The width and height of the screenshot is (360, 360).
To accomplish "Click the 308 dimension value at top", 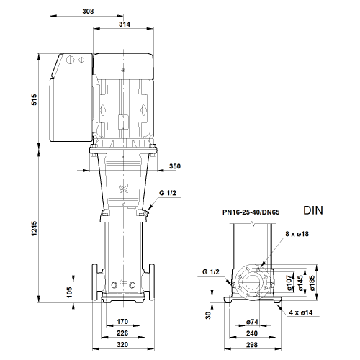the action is (88, 11).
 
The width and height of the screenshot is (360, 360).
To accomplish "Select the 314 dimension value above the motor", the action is (125, 24).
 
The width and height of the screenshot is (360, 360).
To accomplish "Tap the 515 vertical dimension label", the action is (35, 99).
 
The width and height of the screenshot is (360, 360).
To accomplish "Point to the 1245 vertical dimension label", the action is (35, 228).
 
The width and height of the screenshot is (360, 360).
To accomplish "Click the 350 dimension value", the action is (175, 166).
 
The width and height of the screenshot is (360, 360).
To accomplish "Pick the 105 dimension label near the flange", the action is (69, 292).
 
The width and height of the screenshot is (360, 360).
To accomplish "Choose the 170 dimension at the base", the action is (122, 321).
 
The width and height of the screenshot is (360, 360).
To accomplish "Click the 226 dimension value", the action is (122, 333).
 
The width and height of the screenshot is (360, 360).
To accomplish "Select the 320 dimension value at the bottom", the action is (122, 345).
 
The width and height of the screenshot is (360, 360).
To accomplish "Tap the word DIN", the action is (313, 210).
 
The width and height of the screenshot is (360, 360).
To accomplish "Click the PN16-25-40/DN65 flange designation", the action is (251, 212).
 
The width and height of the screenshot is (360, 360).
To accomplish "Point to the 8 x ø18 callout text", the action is (297, 234).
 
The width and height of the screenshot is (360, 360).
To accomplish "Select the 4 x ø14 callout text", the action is (301, 312).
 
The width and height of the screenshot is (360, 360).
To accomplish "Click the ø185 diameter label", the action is (312, 283).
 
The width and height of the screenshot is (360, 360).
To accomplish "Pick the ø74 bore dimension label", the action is (252, 322).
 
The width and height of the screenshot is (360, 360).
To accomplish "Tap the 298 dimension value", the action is (252, 345).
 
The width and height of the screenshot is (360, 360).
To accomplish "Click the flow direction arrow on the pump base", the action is (123, 282).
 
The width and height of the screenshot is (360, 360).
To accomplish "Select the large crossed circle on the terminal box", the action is (71, 60).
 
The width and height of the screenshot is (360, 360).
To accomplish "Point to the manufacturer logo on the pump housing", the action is (124, 189).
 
